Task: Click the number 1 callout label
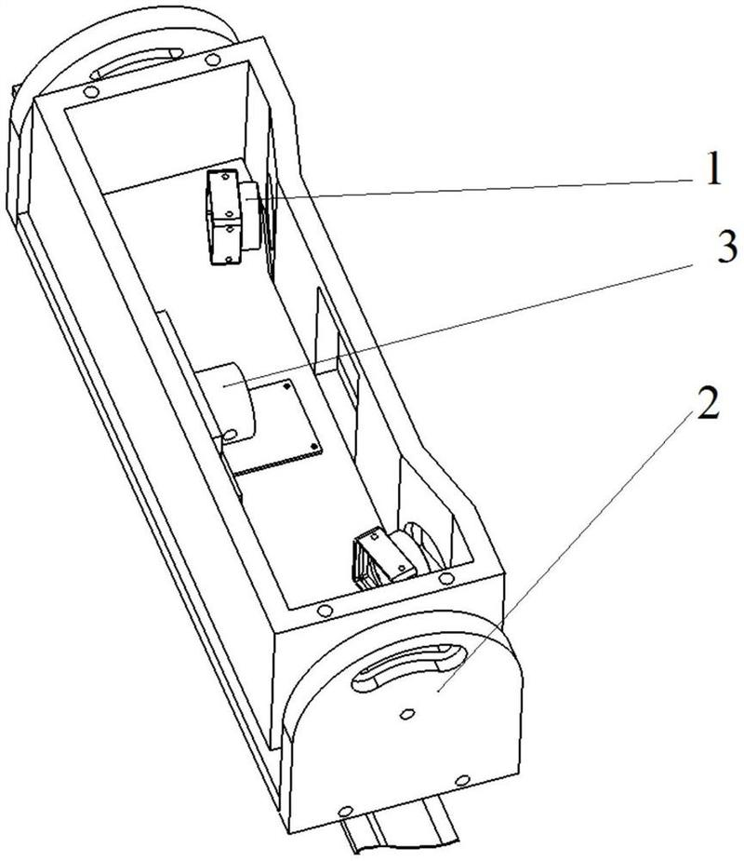pos(711,169)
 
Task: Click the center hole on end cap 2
pos(407,714)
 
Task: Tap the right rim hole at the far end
pos(215,61)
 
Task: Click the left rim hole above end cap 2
pos(325,611)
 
